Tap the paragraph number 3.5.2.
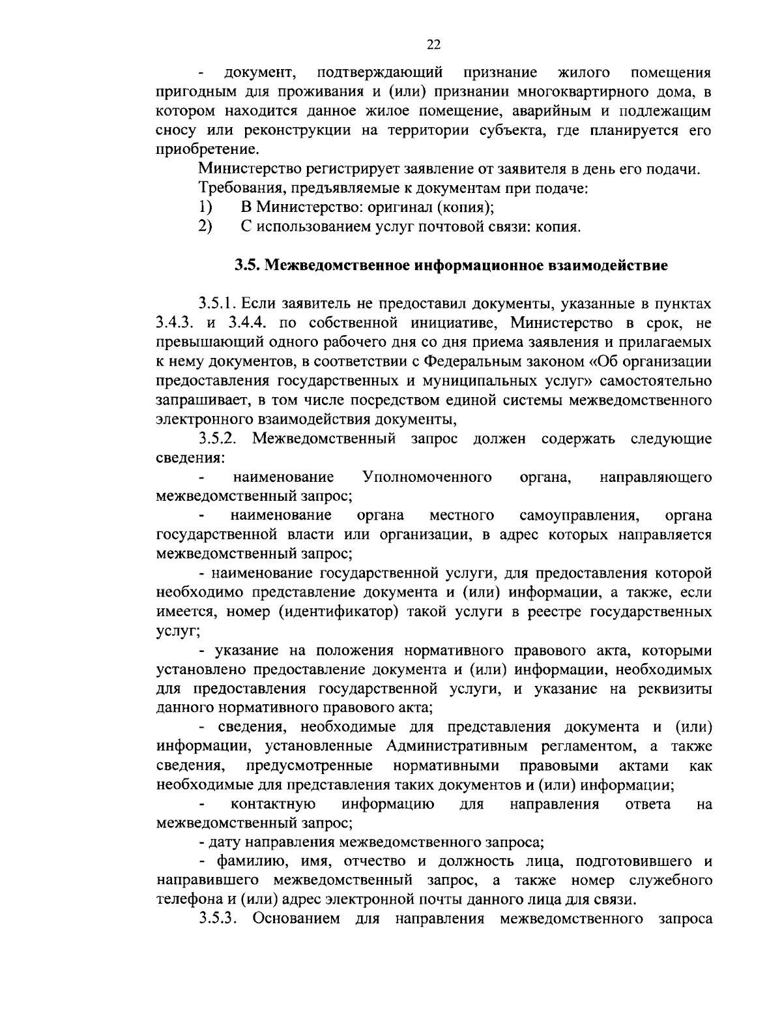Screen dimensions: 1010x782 click(218, 439)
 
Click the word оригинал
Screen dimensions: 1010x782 click(399, 208)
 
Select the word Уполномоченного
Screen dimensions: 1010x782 click(427, 477)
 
